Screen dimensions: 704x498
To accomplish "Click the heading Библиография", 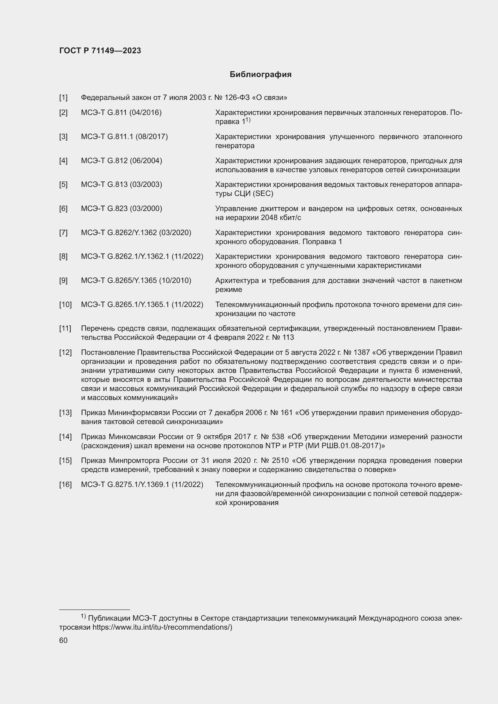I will pos(260,75).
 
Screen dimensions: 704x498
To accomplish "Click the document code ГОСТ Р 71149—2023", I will pos(100,51).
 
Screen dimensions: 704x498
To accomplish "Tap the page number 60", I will pos(63,640).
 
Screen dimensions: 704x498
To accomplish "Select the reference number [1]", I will pos(63,98).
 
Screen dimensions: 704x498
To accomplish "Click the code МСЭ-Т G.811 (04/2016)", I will pos(121,113).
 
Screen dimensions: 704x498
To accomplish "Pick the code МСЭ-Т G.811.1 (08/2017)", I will pos(124,137).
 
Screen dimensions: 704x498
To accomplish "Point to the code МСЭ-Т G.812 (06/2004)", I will pos(121,161).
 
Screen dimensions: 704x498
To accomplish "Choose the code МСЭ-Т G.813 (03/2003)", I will pos(121,185).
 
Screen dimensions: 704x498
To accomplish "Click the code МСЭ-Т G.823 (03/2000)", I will pos(121,209).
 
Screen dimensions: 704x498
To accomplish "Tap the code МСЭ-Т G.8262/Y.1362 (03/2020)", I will pos(136,233).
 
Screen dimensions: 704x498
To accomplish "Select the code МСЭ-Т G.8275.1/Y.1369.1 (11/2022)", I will pos(142,485).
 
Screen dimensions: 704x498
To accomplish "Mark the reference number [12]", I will pos(65,353).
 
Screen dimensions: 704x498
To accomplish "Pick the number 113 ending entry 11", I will pos(288,338).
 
